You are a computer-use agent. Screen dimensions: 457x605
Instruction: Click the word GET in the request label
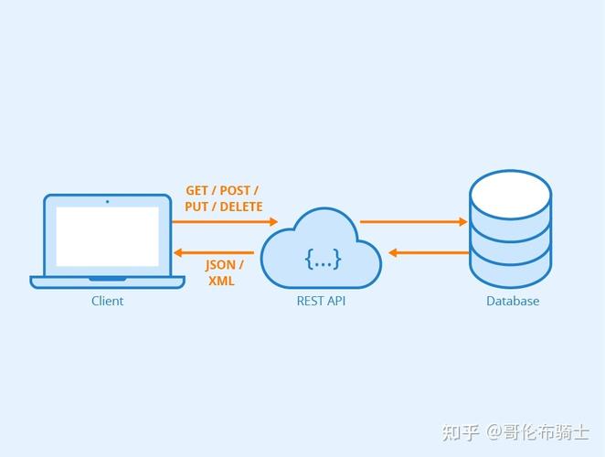click(196, 190)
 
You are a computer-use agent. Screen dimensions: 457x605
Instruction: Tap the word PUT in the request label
click(196, 207)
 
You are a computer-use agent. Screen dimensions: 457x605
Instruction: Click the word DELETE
click(240, 207)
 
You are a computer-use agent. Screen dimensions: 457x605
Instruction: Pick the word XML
click(221, 282)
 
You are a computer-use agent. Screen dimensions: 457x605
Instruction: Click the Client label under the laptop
click(107, 301)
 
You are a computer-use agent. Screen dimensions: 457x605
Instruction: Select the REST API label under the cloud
click(321, 301)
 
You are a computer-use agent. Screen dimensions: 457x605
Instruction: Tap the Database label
click(512, 301)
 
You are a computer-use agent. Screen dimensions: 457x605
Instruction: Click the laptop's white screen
click(107, 236)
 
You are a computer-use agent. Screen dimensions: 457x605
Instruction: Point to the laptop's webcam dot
click(107, 201)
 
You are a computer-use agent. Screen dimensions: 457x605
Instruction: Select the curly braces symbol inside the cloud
click(323, 259)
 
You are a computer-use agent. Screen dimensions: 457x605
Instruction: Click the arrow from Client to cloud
click(224, 221)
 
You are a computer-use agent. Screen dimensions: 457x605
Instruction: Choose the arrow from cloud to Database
click(413, 221)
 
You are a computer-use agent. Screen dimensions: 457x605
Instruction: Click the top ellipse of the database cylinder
click(510, 195)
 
